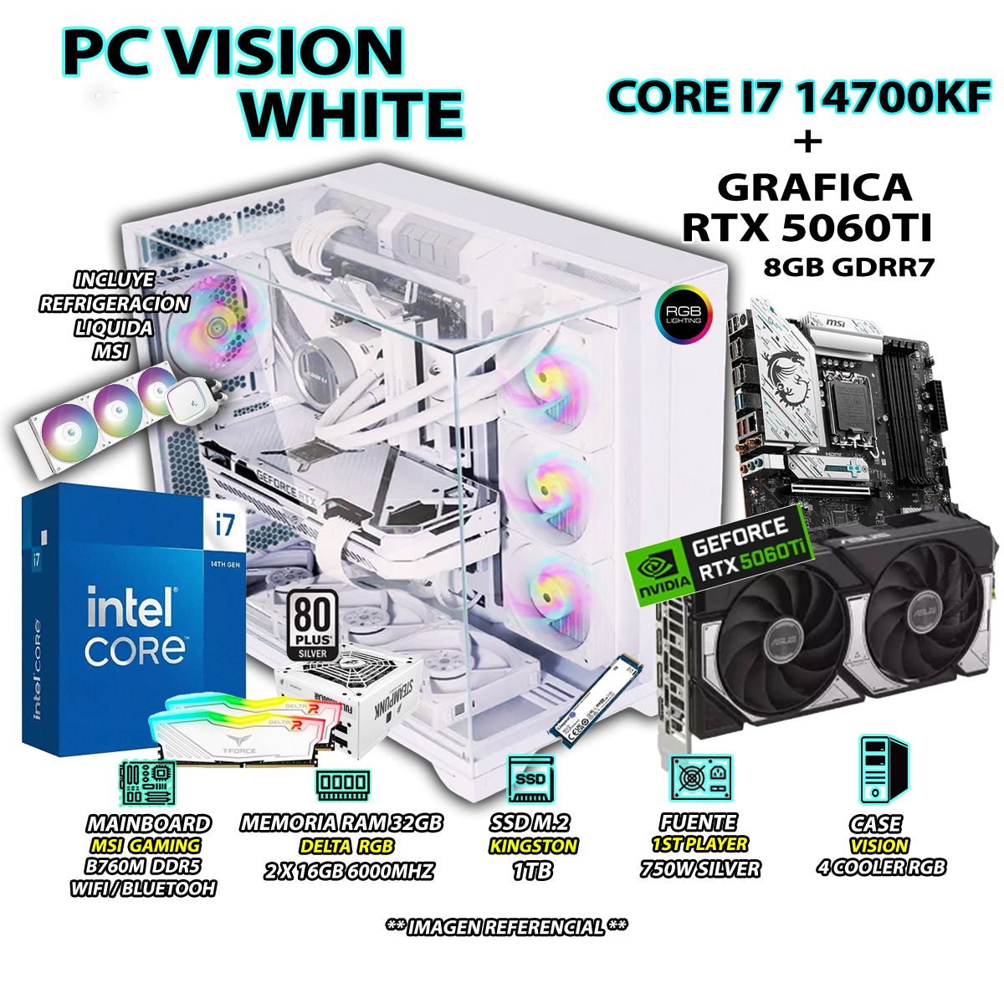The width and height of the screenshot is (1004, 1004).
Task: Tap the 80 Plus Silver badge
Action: coord(312,623)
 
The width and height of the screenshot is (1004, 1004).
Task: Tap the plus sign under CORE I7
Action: coord(807,142)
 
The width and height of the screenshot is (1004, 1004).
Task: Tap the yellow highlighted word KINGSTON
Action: coord(532,846)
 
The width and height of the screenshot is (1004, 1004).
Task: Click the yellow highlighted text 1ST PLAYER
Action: coord(699,844)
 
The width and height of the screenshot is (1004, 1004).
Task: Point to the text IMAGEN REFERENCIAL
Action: coord(506,927)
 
